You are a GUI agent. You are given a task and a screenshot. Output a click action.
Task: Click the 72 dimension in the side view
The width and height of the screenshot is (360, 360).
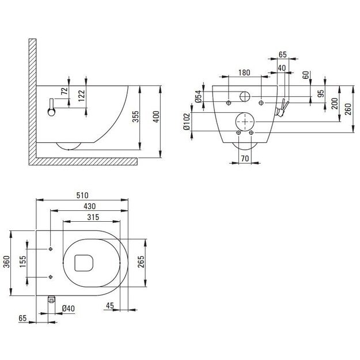(x=65, y=91)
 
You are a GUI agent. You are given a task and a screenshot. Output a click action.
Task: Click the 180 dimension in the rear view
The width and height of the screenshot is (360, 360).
(x=244, y=73)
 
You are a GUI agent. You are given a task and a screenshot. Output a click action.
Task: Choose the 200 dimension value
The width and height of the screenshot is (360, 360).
(x=335, y=103)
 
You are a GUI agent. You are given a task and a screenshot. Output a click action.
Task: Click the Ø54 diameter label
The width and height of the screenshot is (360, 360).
(x=198, y=97)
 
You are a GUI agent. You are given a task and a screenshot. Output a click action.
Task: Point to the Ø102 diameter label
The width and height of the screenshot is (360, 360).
(x=187, y=123)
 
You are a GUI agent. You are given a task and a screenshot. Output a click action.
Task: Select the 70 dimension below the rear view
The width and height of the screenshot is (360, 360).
(x=244, y=157)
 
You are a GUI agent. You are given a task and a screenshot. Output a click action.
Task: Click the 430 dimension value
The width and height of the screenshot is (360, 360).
(x=89, y=206)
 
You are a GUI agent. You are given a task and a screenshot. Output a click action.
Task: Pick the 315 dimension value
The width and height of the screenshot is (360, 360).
(x=94, y=217)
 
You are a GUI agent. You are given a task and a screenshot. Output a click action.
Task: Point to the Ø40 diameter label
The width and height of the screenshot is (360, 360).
(x=69, y=308)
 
